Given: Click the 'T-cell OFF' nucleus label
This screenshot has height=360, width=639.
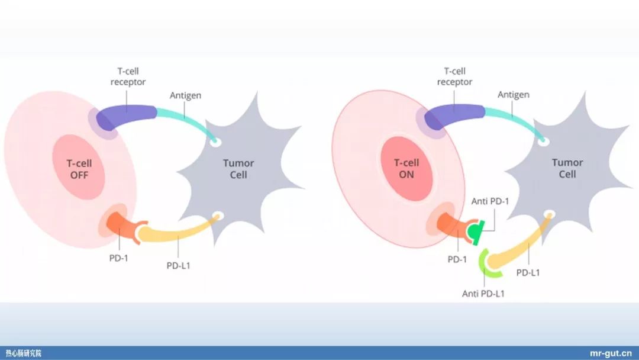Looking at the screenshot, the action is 79,169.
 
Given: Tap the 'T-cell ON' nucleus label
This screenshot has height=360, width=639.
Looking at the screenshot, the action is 406,168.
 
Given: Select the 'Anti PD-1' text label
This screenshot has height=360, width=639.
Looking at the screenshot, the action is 490,201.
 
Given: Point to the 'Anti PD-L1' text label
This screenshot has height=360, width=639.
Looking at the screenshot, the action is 483,294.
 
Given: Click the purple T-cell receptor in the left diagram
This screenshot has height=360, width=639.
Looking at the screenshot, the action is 125,117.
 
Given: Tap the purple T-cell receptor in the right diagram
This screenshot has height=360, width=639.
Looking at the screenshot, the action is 454,116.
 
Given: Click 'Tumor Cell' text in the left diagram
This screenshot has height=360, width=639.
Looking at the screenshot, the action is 238,169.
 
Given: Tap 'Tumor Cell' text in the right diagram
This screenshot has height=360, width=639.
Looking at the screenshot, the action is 567,168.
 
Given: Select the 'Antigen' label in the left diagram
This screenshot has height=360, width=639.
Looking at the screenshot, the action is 185,95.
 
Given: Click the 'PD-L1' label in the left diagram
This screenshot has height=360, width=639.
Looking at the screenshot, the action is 179,265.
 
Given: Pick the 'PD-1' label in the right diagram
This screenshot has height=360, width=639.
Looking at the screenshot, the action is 457,259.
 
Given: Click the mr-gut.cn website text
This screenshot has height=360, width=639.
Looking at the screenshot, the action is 611,353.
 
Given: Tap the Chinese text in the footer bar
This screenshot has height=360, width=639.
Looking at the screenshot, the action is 24,353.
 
